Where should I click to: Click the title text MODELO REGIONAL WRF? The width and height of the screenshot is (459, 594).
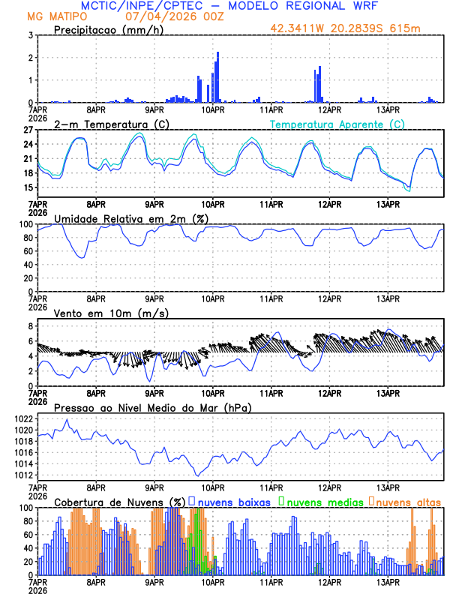(298, 5)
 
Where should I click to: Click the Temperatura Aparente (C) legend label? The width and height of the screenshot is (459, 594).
(337, 124)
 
